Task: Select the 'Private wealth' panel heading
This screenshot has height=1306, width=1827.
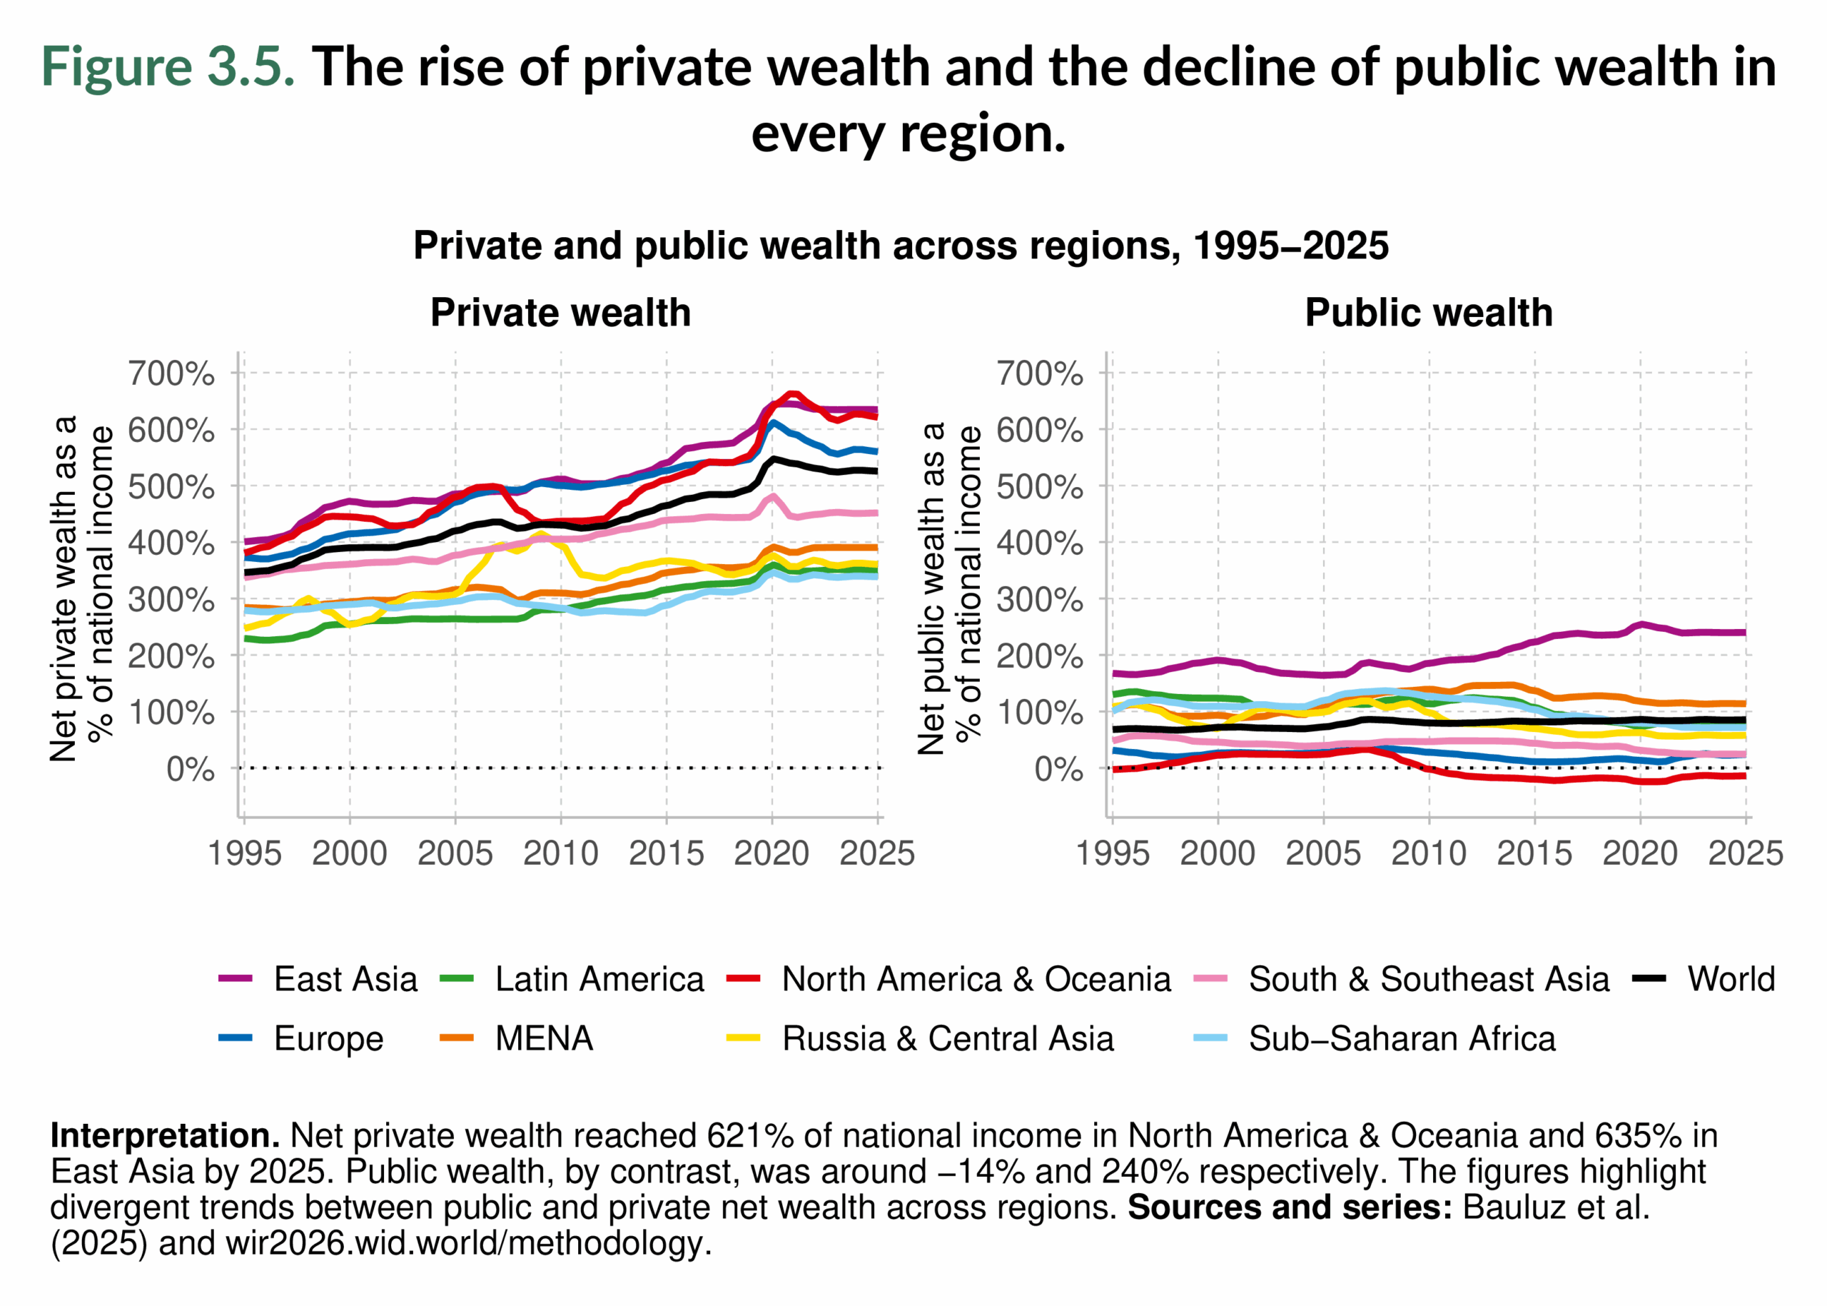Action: pos(560,312)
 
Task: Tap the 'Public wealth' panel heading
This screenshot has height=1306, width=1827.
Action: pos(1428,312)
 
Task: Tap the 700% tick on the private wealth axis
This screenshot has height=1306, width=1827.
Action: pos(171,374)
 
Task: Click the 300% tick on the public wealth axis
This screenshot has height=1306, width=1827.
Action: pos(1039,600)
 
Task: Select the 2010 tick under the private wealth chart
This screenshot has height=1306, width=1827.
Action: pos(560,853)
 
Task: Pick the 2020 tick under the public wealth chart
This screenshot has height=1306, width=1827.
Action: pos(1640,853)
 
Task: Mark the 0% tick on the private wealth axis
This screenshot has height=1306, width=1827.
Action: pos(191,770)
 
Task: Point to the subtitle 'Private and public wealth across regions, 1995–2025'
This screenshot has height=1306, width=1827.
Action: pos(900,246)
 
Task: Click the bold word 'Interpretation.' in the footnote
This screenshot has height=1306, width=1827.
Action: pos(165,1135)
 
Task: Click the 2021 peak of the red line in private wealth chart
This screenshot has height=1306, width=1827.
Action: pos(792,394)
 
